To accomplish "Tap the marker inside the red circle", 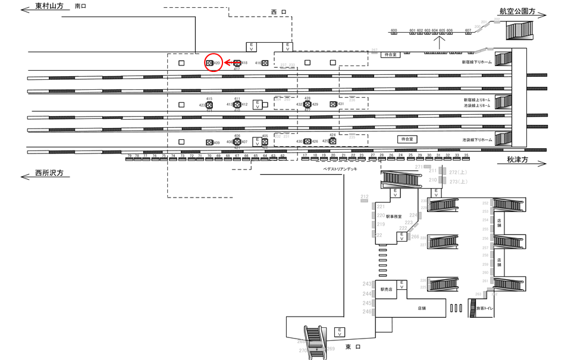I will tap(209, 62).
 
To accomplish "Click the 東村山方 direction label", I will tap(49, 7).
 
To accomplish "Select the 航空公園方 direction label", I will tap(517, 11).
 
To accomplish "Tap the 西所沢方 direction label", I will tap(49, 174).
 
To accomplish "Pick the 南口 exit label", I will tap(81, 7).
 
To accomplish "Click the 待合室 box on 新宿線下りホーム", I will tap(390, 54).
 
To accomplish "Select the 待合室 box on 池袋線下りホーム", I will tap(407, 139).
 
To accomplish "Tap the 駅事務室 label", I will tap(393, 217).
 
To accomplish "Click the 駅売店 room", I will tap(387, 289).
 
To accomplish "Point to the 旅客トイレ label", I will tap(485, 308).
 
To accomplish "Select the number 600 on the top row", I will tap(394, 30).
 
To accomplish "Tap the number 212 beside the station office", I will tap(365, 197).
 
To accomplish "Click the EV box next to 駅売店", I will tap(402, 284).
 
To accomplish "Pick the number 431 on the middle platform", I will tap(341, 104).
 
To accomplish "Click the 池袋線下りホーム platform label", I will tap(477, 140).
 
